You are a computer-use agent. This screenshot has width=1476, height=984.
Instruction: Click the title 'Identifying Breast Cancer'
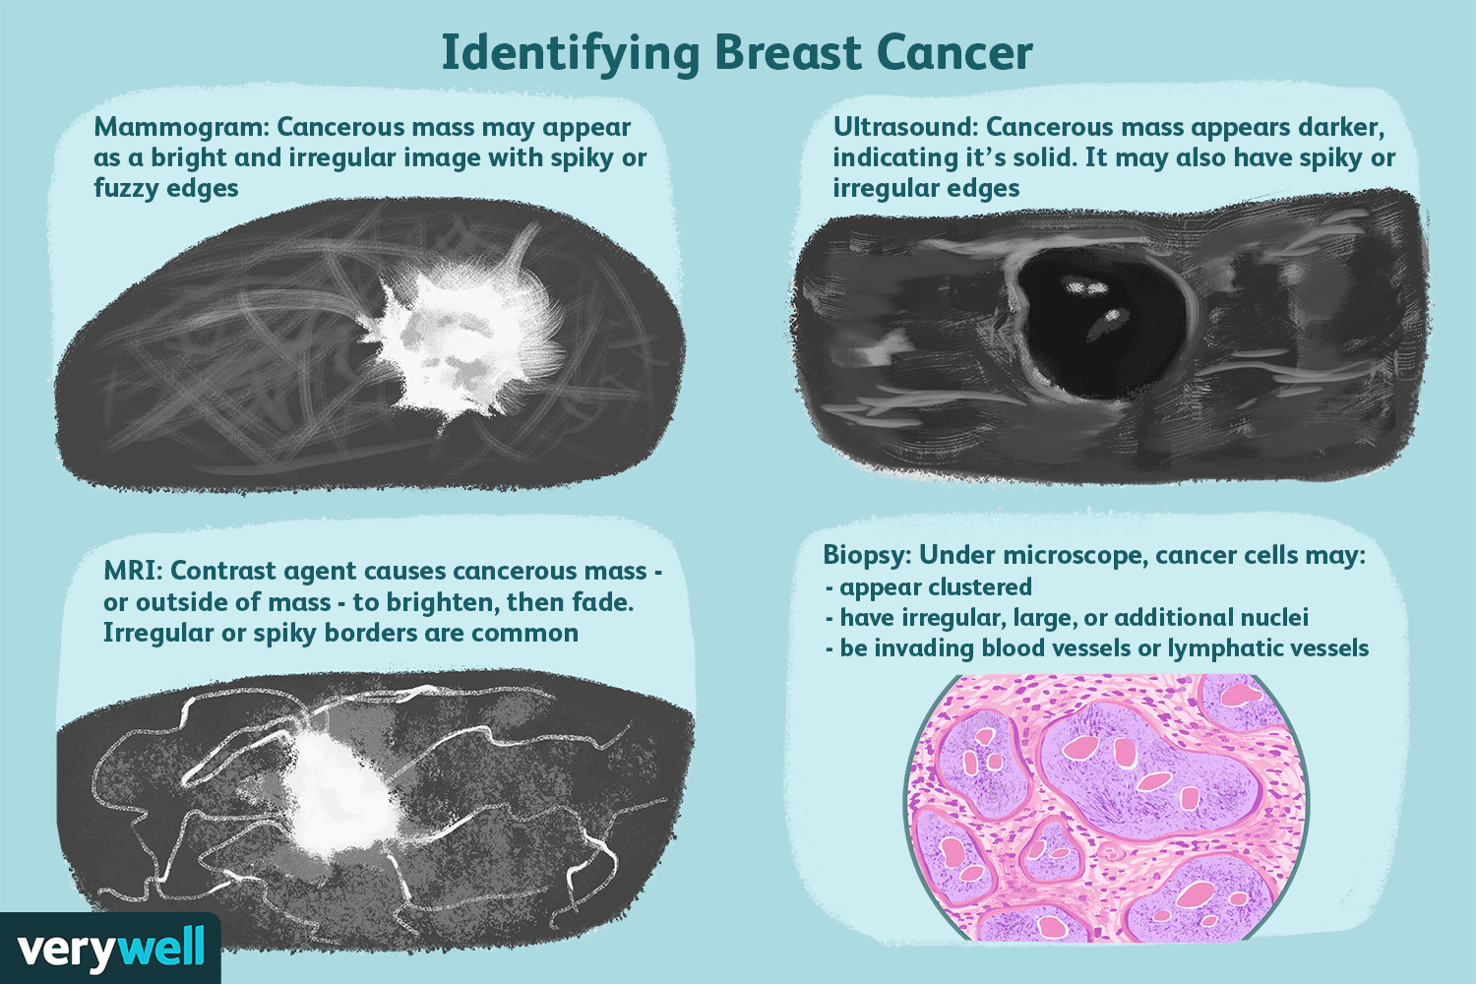pyautogui.click(x=736, y=53)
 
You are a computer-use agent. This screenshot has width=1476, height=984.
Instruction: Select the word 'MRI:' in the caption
pyautogui.click(x=133, y=572)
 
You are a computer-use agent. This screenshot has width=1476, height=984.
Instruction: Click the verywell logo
pyautogui.click(x=110, y=949)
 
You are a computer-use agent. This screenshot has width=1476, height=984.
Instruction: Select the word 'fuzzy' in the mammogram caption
pyautogui.click(x=126, y=189)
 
